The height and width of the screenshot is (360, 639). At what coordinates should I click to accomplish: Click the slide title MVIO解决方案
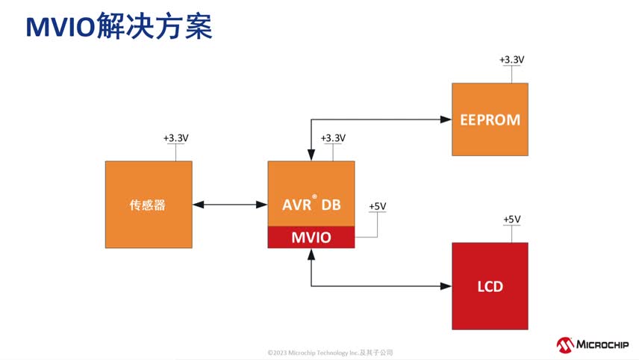pyautogui.click(x=119, y=27)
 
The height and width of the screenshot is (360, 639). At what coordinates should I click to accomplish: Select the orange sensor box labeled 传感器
pyautogui.click(x=148, y=205)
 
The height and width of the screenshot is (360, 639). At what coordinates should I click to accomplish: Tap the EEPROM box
pyautogui.click(x=490, y=120)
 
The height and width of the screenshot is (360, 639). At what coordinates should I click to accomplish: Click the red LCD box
pyautogui.click(x=490, y=286)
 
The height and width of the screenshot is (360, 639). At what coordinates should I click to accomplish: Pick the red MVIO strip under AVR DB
pyautogui.click(x=311, y=238)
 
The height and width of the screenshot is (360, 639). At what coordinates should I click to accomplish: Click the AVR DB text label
pyautogui.click(x=311, y=204)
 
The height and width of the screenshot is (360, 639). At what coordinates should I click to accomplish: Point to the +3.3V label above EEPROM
pyautogui.click(x=511, y=59)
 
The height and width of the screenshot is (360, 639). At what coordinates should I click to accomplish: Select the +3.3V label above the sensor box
pyautogui.click(x=175, y=138)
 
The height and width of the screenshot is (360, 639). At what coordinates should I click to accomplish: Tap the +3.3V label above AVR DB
pyautogui.click(x=333, y=138)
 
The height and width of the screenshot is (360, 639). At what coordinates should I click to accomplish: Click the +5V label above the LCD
pyautogui.click(x=511, y=219)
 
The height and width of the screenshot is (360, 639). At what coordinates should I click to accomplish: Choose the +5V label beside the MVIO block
pyautogui.click(x=378, y=206)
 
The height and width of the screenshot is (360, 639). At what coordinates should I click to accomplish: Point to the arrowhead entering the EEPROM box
pyautogui.click(x=446, y=119)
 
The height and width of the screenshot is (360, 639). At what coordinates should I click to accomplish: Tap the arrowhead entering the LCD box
pyautogui.click(x=446, y=286)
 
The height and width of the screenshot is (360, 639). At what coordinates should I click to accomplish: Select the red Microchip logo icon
pyautogui.click(x=565, y=344)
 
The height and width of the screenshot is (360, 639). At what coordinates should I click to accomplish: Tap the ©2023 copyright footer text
pyautogui.click(x=330, y=353)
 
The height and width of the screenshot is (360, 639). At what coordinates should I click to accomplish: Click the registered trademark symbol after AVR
pyautogui.click(x=315, y=197)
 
